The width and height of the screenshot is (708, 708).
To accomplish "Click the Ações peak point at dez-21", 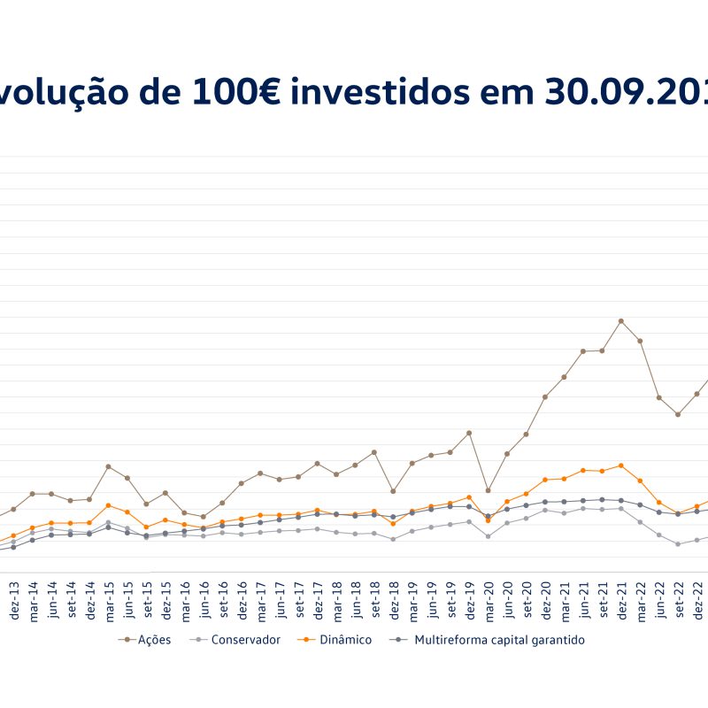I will (x=621, y=320).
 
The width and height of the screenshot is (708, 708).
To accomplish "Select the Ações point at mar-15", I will (x=108, y=466).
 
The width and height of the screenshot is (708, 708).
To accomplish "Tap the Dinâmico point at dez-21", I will (x=621, y=466).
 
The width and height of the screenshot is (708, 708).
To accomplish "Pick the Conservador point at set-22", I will (x=678, y=544).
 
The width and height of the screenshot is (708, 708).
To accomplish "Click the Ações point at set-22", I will (x=678, y=414).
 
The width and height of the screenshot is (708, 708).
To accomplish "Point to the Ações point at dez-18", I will (x=393, y=491).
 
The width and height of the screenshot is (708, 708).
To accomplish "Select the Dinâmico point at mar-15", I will (x=108, y=505).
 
